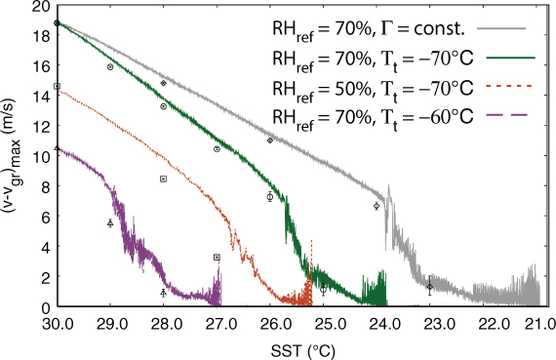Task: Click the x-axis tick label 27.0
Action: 217,324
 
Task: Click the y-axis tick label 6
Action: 46,217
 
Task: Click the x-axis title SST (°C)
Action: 302,351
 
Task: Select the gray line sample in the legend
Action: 501,28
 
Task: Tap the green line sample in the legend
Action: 510,58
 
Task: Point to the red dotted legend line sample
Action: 510,86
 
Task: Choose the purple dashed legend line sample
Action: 507,114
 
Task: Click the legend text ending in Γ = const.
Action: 368,30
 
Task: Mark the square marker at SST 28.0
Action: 164,180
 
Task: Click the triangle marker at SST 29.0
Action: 110,223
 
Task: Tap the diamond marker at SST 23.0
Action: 430,287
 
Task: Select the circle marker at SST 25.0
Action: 323,290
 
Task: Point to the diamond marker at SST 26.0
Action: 270,140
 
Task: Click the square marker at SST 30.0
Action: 58,86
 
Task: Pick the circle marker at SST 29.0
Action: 110,66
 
